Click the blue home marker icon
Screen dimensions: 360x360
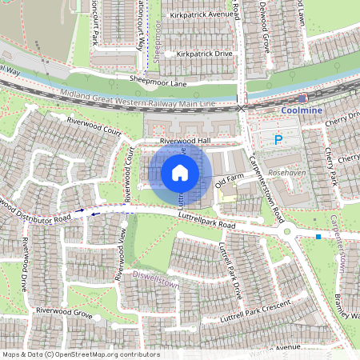point(180,172)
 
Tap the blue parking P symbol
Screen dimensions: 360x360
point(278,140)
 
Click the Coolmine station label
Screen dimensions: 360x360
point(302,110)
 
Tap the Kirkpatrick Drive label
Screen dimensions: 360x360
point(204,54)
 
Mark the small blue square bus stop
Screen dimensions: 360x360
point(318,237)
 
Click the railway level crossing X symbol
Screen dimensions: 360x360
point(241,106)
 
